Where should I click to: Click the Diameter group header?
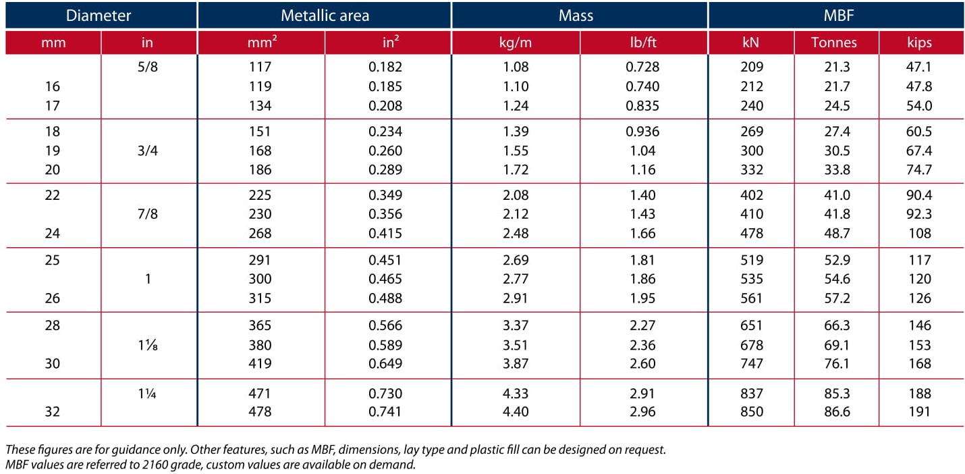coord(99,16)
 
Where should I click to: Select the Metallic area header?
coord(325,16)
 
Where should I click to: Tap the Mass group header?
coord(576,16)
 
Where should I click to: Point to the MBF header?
coord(838,16)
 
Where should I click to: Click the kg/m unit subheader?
coord(516,43)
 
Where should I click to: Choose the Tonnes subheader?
coord(833,43)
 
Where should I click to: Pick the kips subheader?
coord(919,43)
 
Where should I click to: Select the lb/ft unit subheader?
coord(642,43)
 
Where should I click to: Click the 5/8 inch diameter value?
coord(147,67)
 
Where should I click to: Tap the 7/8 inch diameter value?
coord(147,214)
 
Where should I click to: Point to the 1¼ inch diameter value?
coord(147,394)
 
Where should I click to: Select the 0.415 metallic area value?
coord(385,233)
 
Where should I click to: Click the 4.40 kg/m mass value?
coord(516,411)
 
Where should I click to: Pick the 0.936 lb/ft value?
coord(642,132)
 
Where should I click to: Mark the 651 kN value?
coord(751,325)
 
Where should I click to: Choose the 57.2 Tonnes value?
coord(837,298)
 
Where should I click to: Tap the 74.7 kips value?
coord(919,169)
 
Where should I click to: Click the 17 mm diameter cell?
coord(52,105)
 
